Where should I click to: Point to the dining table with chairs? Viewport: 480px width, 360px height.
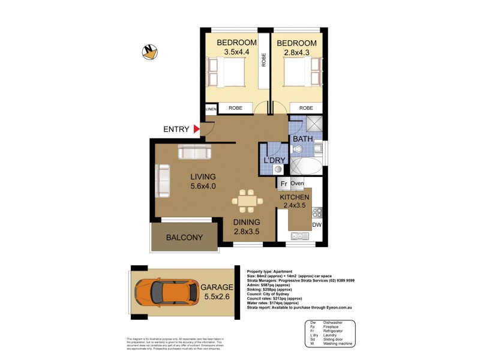[x=247, y=200]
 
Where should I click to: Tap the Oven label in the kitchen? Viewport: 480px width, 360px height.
[x=298, y=184]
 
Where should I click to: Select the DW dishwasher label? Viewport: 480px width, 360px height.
[x=316, y=226]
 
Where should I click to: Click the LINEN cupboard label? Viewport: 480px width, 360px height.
[x=211, y=109]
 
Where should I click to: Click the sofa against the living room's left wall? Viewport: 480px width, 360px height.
[x=162, y=182]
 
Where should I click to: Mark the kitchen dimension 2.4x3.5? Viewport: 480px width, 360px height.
[x=294, y=206]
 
